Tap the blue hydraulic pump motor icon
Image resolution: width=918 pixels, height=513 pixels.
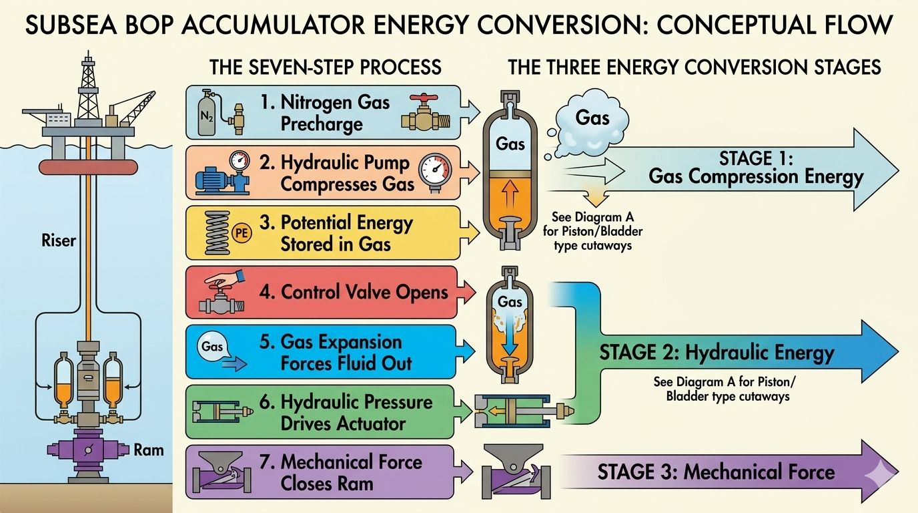pyautogui.click(x=211, y=179)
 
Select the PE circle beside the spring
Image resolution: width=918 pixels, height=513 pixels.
pyautogui.click(x=243, y=233)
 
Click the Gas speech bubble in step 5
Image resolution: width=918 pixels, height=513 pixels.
pyautogui.click(x=212, y=347)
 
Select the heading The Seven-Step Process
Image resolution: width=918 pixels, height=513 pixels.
pyautogui.click(x=325, y=67)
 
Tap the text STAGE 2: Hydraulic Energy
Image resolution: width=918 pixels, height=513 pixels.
pyautogui.click(x=716, y=352)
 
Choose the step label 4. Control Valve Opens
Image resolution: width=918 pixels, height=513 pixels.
pyautogui.click(x=354, y=292)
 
